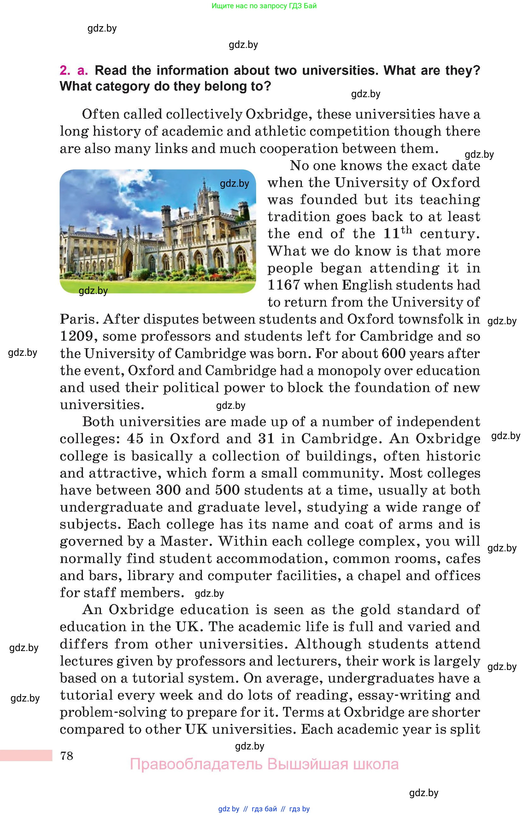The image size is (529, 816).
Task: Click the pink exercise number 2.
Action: [65, 70]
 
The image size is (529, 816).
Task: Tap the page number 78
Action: [67, 756]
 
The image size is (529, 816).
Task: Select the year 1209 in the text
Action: [76, 336]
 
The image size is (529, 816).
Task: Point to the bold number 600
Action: [393, 353]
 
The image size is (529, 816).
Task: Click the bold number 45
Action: [135, 439]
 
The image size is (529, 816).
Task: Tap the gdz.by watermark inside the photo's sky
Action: [234, 184]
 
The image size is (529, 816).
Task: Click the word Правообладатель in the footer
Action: [196, 765]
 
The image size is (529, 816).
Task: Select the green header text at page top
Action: [264, 6]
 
